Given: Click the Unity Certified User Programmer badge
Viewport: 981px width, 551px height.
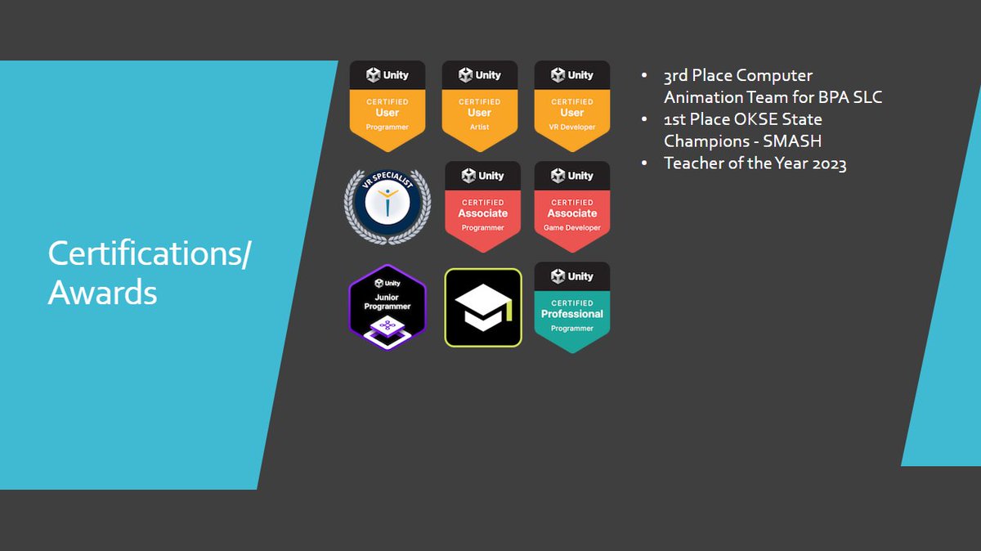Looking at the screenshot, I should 387,106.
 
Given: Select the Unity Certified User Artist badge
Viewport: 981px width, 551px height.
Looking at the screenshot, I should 480,106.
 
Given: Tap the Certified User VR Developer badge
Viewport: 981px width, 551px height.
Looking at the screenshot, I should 572,106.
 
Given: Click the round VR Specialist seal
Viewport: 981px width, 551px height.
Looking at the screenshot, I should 387,205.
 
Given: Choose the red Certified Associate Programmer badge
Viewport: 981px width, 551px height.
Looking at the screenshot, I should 482,207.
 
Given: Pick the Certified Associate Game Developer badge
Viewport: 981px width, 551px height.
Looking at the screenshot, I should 572,207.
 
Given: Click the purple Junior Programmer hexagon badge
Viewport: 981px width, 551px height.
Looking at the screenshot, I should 387,307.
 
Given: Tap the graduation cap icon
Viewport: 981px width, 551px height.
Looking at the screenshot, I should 483,307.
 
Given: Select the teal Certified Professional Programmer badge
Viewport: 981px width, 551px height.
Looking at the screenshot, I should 572,307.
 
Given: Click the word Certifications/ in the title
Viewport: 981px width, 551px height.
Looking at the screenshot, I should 150,253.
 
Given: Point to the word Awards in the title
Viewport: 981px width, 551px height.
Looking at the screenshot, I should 102,292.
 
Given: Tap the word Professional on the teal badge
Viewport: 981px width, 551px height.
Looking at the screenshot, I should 572,314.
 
